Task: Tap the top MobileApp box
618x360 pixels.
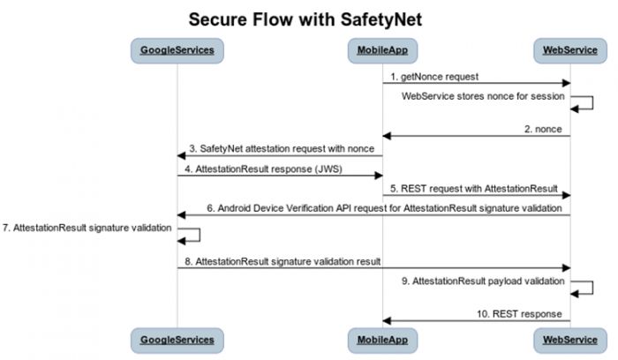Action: (x=381, y=50)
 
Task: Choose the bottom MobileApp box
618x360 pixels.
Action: (x=381, y=339)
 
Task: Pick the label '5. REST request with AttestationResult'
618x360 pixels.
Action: (x=474, y=187)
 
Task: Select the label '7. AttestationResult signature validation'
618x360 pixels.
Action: (x=87, y=227)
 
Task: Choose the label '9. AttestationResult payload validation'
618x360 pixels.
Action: (x=483, y=280)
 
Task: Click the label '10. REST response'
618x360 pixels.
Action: (x=521, y=313)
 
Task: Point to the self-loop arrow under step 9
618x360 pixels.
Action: (x=583, y=289)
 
